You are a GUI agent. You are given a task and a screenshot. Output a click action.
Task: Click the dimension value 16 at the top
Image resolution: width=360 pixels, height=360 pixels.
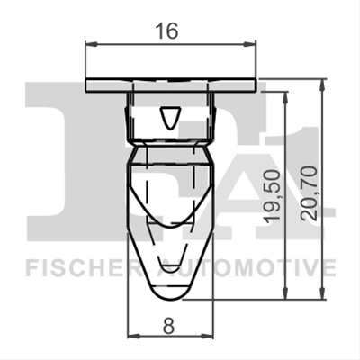pyautogui.click(x=167, y=31)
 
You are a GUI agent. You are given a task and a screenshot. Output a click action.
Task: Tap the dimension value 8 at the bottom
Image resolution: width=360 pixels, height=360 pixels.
pyautogui.click(x=168, y=325)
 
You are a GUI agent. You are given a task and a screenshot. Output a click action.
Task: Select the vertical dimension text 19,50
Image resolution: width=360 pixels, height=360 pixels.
pyautogui.click(x=272, y=196)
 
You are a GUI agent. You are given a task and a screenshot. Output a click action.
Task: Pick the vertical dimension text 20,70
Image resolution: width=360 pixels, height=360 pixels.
pyautogui.click(x=309, y=193)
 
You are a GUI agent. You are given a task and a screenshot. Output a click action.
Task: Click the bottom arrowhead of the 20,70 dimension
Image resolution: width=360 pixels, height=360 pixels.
pyautogui.click(x=322, y=293)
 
